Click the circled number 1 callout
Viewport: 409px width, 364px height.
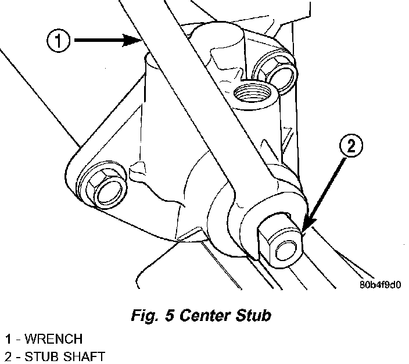pos(58,41)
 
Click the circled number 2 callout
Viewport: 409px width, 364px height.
pos(351,146)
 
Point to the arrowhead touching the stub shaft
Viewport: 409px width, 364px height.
pos(308,224)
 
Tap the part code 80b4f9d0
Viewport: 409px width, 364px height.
pos(380,285)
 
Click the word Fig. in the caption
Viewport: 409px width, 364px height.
pos(144,315)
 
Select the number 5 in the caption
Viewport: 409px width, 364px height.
pos(169,315)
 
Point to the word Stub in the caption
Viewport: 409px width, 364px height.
pos(253,315)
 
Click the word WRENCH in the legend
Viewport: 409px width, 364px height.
pos(53,338)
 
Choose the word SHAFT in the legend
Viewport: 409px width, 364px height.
pos(83,356)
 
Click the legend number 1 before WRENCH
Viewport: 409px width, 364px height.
pos(8,338)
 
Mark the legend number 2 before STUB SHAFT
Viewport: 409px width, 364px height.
pos(8,357)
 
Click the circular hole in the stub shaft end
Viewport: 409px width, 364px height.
pos(286,251)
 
